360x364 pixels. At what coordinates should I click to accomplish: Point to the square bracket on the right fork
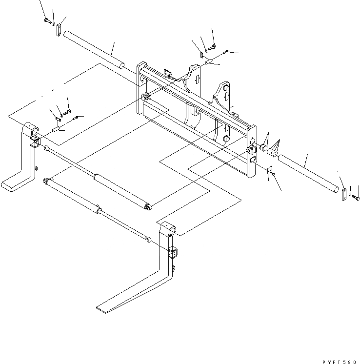coord(173,254)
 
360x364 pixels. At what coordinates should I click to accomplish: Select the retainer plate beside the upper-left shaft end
coord(58,30)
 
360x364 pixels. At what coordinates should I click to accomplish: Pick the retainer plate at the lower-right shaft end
coord(343,194)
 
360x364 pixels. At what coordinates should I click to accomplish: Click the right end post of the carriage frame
coord(252,151)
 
